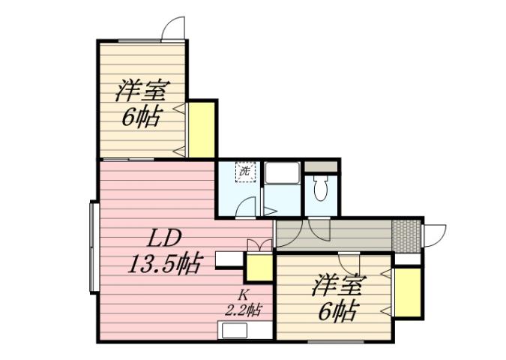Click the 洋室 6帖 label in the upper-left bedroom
(x=140, y=103)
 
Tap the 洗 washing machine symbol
(x=245, y=171)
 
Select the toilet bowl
(x=322, y=188)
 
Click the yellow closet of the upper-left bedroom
(x=201, y=129)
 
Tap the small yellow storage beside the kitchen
(x=259, y=268)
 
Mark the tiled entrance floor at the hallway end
(x=407, y=235)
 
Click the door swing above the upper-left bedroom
(x=175, y=28)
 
